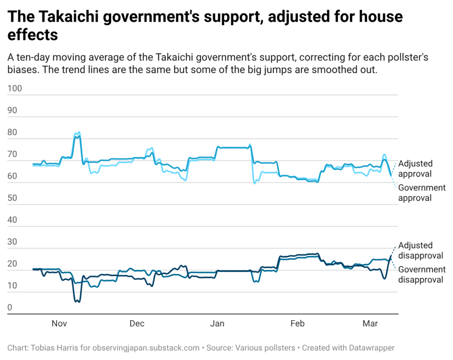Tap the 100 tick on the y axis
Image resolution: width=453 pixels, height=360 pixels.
[x=15, y=88]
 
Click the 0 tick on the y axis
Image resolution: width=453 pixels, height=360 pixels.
[x=10, y=307]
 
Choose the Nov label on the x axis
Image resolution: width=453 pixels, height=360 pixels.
[x=59, y=324]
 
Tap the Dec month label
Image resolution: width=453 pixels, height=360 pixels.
[x=137, y=324]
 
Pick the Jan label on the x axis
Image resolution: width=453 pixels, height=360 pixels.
[x=217, y=324]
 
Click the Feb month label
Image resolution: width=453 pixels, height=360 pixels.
[x=297, y=324]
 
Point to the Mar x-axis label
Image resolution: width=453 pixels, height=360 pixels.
[x=370, y=324]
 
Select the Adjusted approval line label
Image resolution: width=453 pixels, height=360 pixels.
[x=415, y=169]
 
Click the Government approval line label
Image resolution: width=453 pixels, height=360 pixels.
[x=422, y=192]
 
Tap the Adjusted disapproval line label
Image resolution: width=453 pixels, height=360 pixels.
[x=421, y=250]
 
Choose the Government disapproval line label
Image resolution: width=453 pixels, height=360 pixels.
[x=422, y=274]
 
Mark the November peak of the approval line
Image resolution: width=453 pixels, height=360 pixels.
[x=78, y=133]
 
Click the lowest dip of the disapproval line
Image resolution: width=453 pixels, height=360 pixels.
[x=77, y=301]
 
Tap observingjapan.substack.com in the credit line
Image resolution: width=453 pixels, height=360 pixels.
[x=146, y=348]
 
